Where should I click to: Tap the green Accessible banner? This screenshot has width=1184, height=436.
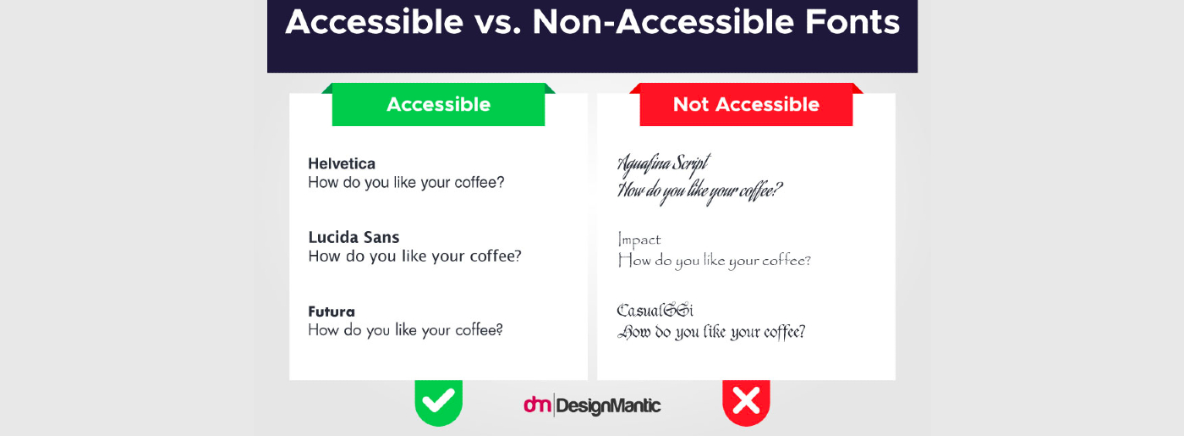438,105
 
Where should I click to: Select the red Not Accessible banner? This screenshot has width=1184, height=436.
746,105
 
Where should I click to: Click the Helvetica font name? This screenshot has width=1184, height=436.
342,163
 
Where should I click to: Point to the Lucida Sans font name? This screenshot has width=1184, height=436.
354,237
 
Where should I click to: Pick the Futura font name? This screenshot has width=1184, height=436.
332,312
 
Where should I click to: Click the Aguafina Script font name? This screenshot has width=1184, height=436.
664,163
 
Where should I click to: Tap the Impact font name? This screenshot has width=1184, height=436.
639,240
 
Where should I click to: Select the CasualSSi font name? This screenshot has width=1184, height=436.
655,311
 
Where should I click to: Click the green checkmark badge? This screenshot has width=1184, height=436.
438,400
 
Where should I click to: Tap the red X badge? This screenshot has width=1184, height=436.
746,400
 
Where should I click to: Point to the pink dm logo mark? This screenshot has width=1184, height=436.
537,406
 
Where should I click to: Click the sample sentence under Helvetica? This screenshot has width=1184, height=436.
406,182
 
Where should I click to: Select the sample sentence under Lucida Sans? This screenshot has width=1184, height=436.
414,256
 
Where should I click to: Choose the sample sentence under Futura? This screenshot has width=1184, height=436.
406,330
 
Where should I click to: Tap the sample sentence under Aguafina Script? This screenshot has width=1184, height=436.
700,190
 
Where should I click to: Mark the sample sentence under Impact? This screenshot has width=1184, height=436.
715,260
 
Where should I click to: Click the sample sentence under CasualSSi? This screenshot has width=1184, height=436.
711,332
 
